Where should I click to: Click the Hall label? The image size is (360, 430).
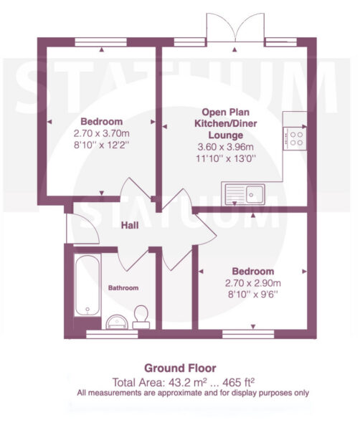(x=130, y=226)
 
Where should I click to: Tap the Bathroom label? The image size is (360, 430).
(x=123, y=288)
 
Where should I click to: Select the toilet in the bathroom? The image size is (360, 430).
(x=141, y=317)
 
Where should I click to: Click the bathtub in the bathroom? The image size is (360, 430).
(x=87, y=285)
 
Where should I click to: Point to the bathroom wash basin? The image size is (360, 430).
(x=117, y=322)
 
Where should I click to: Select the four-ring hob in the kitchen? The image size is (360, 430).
(x=295, y=138)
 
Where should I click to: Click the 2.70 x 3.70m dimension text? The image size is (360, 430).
(x=102, y=133)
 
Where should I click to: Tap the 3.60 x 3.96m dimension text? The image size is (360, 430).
(x=226, y=147)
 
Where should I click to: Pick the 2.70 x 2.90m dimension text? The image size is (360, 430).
(x=253, y=283)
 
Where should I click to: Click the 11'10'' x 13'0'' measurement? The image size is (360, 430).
(x=226, y=158)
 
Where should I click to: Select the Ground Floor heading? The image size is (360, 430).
(x=180, y=368)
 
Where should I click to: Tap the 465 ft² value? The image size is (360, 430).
(x=238, y=382)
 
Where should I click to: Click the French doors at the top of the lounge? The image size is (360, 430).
(x=235, y=27)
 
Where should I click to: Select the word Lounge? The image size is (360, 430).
(x=226, y=135)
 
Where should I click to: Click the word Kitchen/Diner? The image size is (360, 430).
(x=226, y=124)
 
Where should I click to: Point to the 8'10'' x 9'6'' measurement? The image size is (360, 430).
(x=253, y=295)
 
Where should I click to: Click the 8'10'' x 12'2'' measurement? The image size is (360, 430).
(x=102, y=145)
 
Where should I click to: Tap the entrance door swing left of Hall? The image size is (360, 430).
(x=83, y=229)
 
